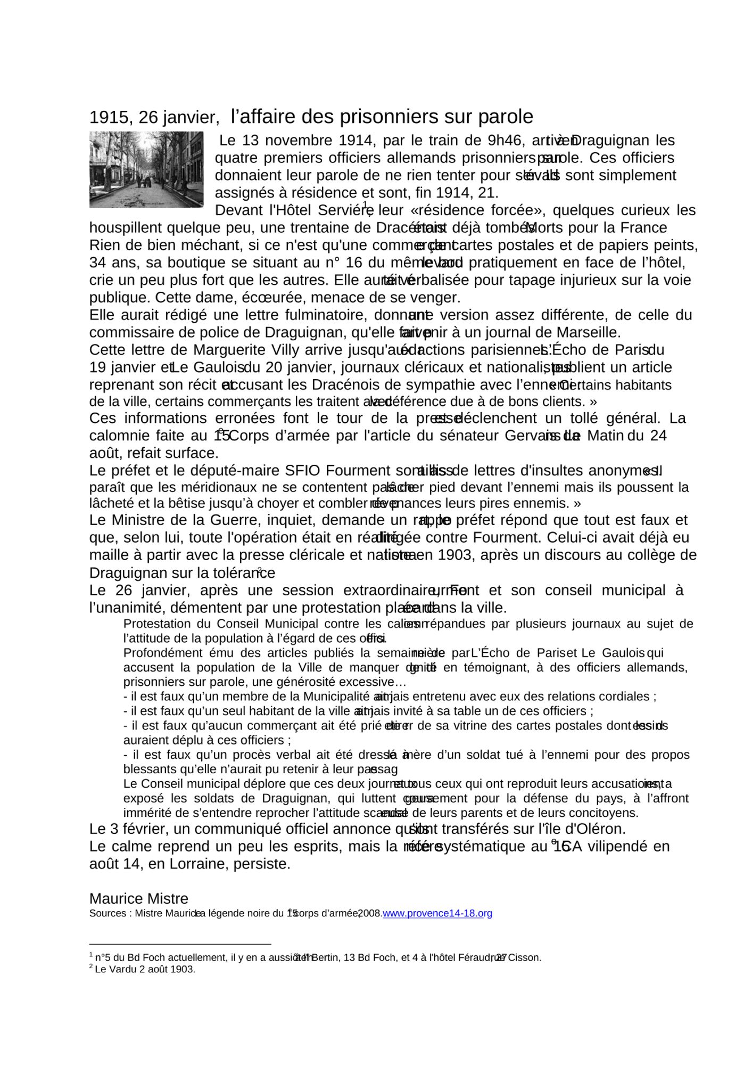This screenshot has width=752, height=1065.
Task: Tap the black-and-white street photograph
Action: coord(146,169)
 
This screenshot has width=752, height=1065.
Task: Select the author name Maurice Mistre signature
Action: coord(138,899)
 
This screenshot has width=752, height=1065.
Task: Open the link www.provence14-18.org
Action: coord(437,914)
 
